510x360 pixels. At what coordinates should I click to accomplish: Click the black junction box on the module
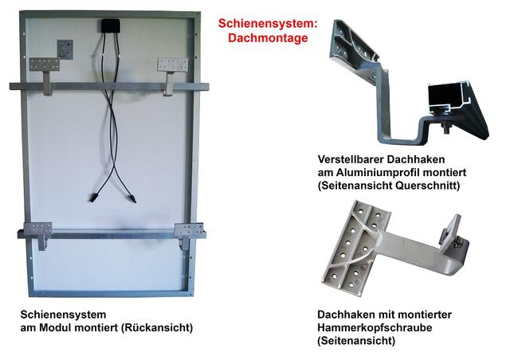coord(111,25)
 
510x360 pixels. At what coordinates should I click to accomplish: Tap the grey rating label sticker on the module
coord(65,49)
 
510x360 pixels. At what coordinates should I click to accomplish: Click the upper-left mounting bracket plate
coord(45,64)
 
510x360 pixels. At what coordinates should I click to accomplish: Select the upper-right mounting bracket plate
coord(173,65)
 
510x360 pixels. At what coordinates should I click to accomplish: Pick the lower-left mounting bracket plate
coord(38,229)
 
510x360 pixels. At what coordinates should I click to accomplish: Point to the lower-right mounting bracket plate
coord(189,230)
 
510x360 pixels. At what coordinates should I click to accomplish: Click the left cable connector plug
coord(93,197)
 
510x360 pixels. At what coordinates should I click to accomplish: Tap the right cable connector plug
coord(133,198)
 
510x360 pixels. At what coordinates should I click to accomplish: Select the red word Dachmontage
coord(268,37)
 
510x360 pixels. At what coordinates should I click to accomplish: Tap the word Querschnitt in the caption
coord(428,186)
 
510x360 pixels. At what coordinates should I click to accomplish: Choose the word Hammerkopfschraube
coord(375,327)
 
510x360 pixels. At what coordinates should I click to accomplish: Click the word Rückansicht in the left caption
coord(157,327)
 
